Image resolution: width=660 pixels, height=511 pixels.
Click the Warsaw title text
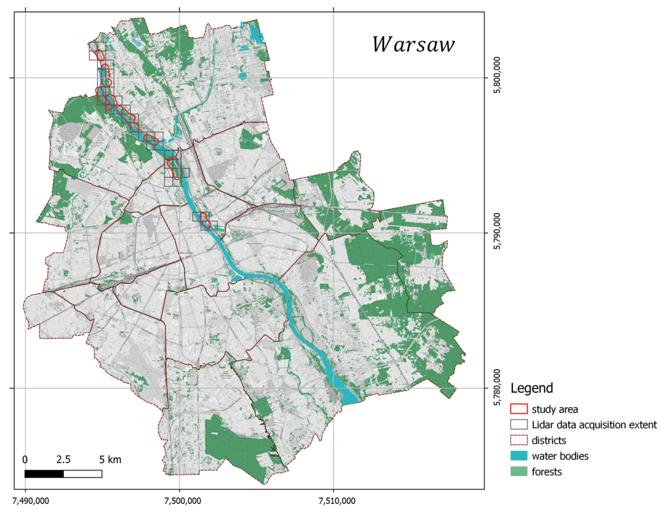point(413,45)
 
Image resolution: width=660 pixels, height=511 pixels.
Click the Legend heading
point(532,388)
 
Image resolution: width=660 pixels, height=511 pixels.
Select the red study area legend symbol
point(519,409)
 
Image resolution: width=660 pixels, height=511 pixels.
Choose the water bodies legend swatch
point(519,456)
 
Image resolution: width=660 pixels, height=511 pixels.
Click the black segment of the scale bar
point(44,474)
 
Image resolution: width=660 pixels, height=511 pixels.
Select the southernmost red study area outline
point(205,220)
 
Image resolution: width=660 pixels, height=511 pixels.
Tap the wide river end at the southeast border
point(351,397)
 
